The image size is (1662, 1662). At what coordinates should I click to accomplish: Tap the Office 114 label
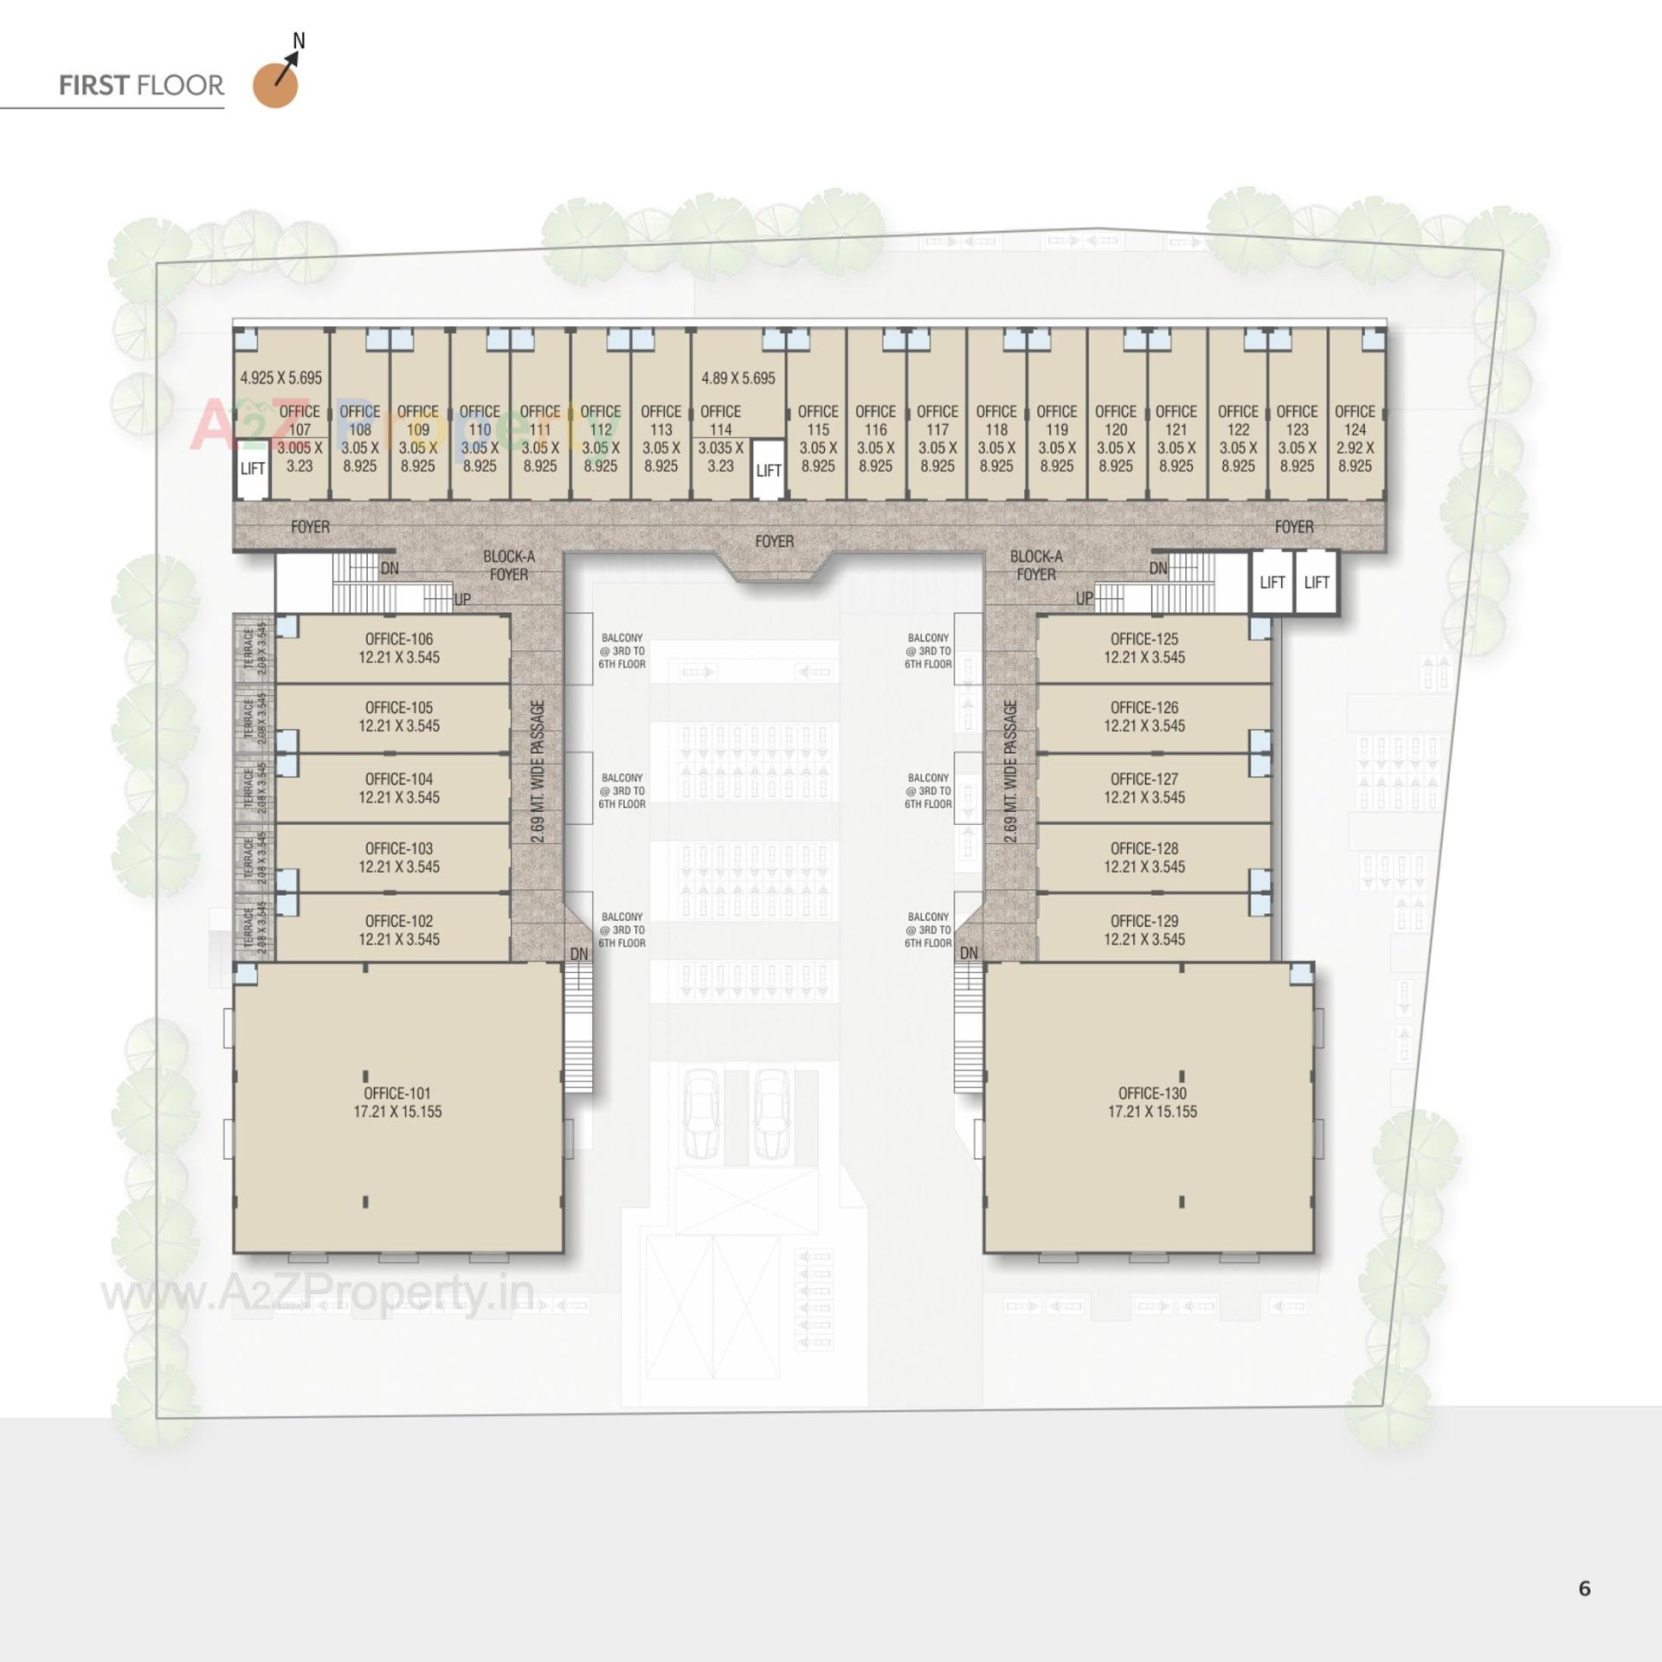(720, 420)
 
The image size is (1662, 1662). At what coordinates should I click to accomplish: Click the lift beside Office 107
(252, 469)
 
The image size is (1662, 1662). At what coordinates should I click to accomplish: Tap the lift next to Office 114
(768, 470)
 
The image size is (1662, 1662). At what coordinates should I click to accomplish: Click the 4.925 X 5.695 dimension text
(280, 377)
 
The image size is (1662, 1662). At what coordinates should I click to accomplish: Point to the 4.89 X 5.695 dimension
(738, 377)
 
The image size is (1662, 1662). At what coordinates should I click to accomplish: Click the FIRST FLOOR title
(141, 86)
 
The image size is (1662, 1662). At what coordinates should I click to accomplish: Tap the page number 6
(1584, 1588)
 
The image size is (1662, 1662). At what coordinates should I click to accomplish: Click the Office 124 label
(1355, 420)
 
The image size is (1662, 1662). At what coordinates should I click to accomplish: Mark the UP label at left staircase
(462, 599)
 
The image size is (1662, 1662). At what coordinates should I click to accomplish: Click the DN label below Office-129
(969, 952)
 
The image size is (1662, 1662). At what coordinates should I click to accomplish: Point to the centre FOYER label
(774, 541)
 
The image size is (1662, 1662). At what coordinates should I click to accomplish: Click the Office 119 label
(1056, 420)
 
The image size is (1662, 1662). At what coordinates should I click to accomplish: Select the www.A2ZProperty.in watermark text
(317, 1294)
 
